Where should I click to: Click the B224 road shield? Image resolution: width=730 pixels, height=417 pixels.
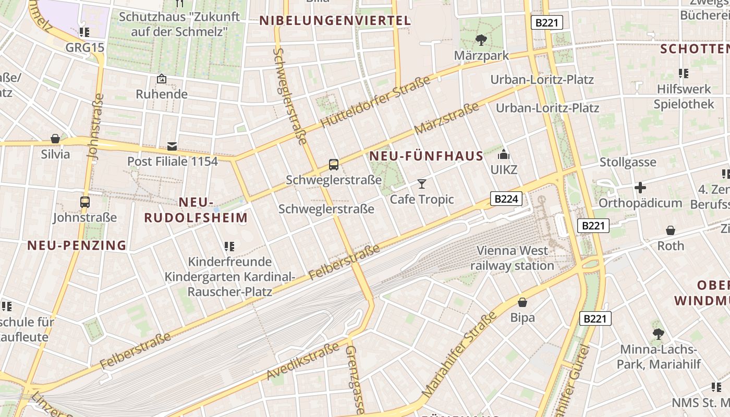506,199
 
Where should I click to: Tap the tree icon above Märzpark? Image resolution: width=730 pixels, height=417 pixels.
481,40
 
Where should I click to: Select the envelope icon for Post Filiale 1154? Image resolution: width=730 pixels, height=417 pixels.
172,146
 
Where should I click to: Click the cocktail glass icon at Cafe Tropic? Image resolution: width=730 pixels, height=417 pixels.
422,183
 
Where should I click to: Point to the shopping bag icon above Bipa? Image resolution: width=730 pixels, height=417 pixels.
522,302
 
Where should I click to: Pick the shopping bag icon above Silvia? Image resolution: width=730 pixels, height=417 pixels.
55,139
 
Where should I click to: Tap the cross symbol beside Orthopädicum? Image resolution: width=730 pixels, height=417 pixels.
640,187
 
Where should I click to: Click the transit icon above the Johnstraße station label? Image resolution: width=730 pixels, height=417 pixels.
84,202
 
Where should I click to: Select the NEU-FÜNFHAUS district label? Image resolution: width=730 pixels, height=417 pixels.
427,156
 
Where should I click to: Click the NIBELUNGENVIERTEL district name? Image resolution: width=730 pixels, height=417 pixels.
335,21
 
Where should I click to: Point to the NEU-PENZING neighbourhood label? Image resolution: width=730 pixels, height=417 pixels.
77,245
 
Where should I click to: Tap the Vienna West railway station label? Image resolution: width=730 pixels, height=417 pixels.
513,258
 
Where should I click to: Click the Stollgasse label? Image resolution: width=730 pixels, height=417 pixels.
628,162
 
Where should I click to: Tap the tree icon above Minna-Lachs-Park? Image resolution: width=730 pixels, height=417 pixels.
658,333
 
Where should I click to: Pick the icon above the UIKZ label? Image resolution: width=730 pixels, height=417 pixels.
503,154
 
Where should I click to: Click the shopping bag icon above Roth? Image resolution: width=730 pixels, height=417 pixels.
671,230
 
